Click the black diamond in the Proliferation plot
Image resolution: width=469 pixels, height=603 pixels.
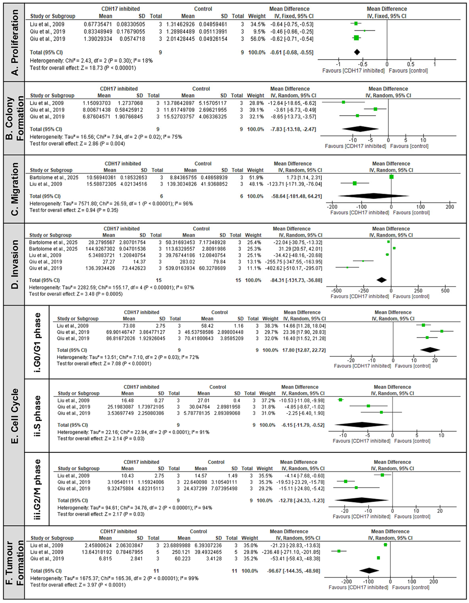(357, 52)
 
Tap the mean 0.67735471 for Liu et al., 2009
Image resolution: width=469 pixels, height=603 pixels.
(98, 24)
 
